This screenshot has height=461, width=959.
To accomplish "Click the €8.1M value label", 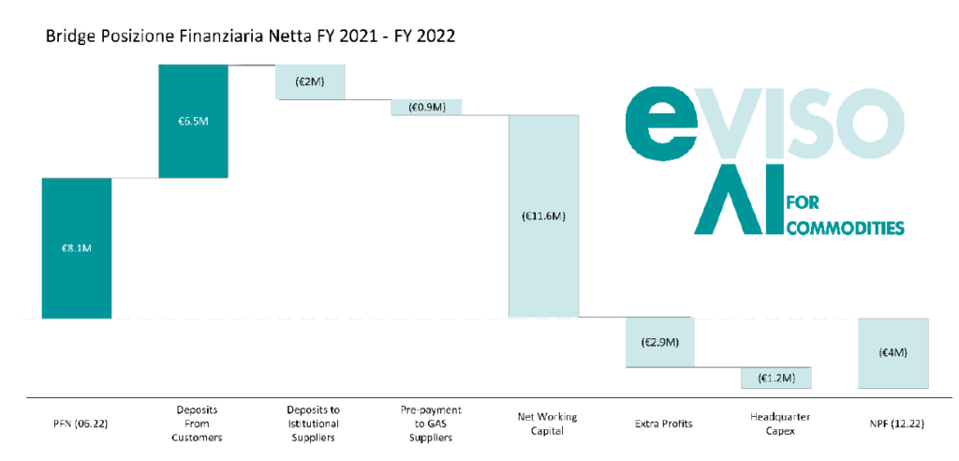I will pyautogui.click(x=77, y=248).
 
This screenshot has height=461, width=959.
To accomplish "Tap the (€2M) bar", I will pyautogui.click(x=310, y=82).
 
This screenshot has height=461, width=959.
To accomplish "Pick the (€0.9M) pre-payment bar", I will pyautogui.click(x=426, y=107).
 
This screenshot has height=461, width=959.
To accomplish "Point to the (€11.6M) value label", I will pyautogui.click(x=543, y=216).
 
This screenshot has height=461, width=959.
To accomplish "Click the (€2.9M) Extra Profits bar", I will pyautogui.click(x=659, y=343).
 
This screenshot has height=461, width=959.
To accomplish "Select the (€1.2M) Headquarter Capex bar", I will pyautogui.click(x=775, y=378).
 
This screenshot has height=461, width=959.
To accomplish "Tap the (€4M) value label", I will pyautogui.click(x=893, y=353).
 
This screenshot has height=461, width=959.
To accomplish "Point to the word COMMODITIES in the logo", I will pyautogui.click(x=845, y=228).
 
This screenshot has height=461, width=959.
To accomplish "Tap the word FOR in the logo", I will pyautogui.click(x=804, y=202).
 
